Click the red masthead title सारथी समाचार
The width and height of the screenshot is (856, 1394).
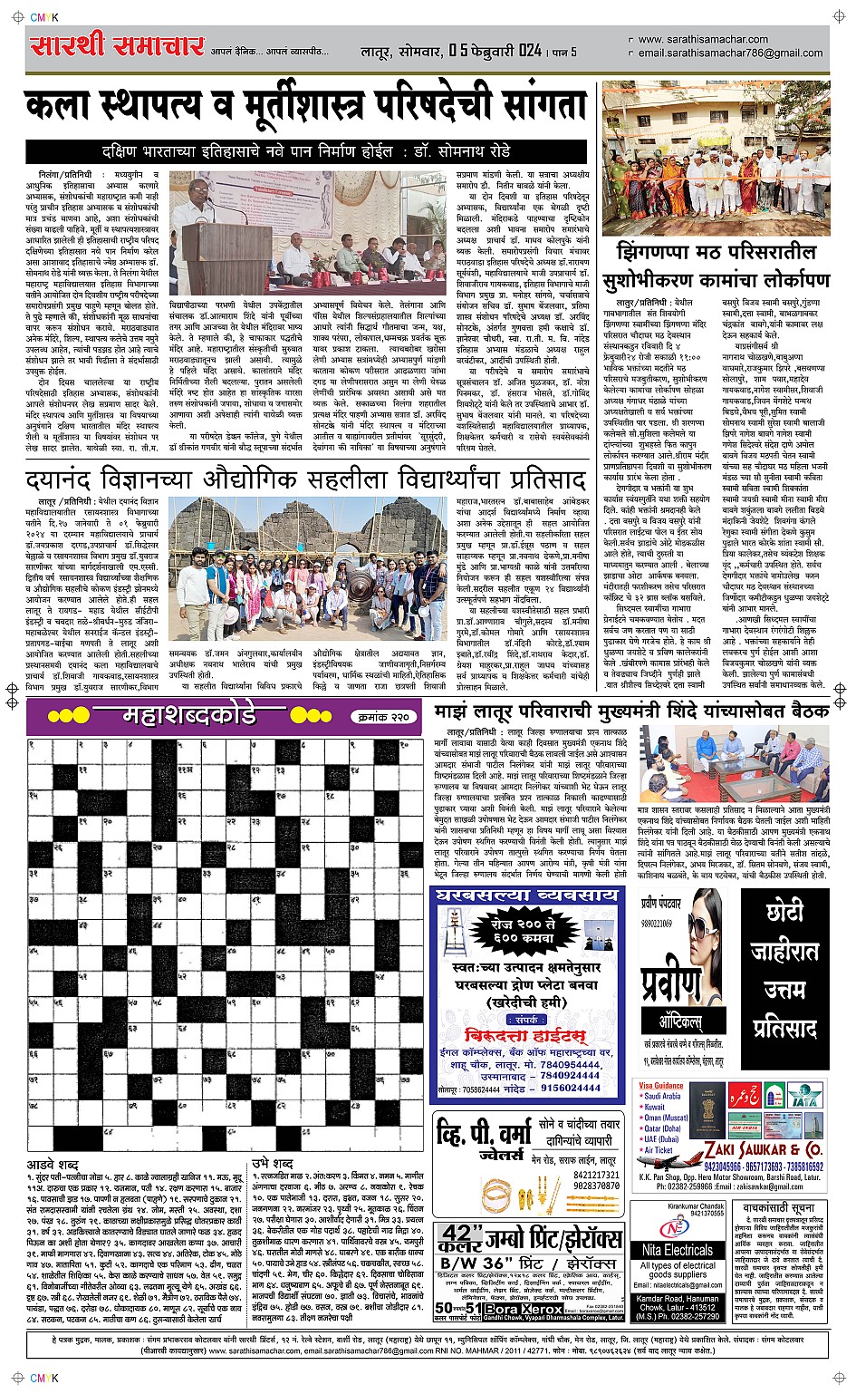(x=118, y=46)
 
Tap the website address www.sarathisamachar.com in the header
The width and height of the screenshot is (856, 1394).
(x=702, y=39)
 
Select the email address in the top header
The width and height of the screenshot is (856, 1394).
(x=729, y=53)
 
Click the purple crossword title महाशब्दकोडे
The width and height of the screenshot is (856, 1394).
(x=190, y=716)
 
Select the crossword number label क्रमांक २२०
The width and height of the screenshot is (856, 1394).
(x=384, y=717)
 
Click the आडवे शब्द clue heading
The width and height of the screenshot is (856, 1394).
(x=53, y=1164)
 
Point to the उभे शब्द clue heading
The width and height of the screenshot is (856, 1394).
(x=272, y=1164)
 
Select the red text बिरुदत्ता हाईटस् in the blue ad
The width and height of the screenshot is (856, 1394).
(x=524, y=1035)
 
